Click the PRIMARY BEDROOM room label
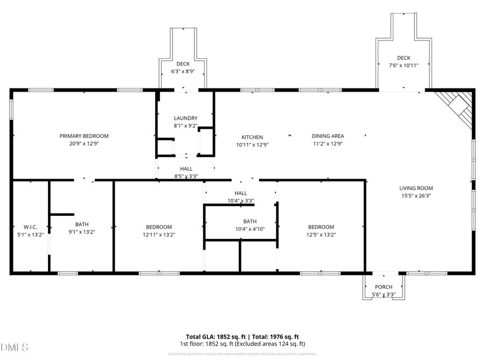click(84, 136)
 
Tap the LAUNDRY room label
click(185, 118)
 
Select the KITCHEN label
click(252, 137)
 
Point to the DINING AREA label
click(328, 136)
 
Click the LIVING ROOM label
click(415, 188)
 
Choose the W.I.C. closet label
click(30, 226)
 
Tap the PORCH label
click(384, 287)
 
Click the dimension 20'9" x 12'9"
click(84, 144)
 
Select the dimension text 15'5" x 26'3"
click(415, 196)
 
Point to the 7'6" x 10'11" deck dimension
click(404, 65)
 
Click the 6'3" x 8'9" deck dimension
click(183, 71)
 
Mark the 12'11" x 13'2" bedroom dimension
click(159, 235)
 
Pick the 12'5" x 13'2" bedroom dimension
click(321, 235)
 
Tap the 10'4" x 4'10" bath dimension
click(250, 229)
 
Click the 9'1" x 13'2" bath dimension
click(82, 232)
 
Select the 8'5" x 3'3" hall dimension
click(186, 176)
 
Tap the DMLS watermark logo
click(15, 347)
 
